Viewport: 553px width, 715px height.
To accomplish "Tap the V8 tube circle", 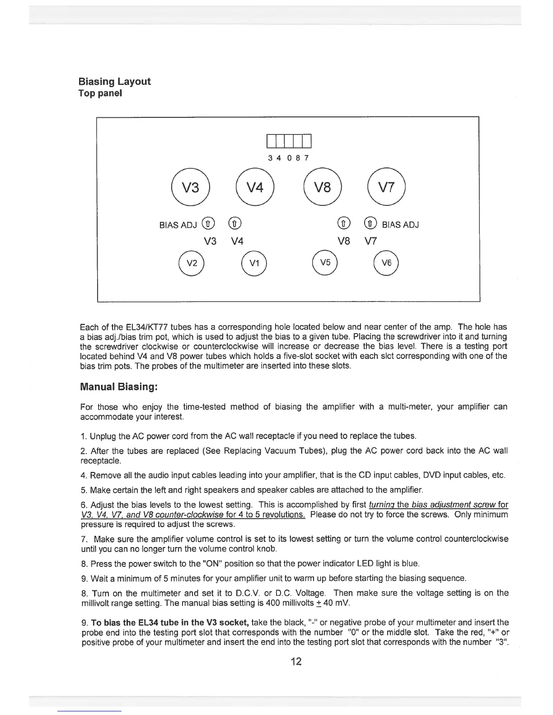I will tap(323, 187).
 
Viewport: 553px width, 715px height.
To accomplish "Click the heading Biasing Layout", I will tap(114, 82).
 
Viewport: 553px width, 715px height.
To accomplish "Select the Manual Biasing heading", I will tap(118, 387).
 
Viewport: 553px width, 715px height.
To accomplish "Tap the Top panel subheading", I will tap(100, 94).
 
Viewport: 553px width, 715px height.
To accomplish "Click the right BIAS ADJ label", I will tap(400, 224).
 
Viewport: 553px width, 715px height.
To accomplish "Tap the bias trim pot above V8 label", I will tap(344, 223).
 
